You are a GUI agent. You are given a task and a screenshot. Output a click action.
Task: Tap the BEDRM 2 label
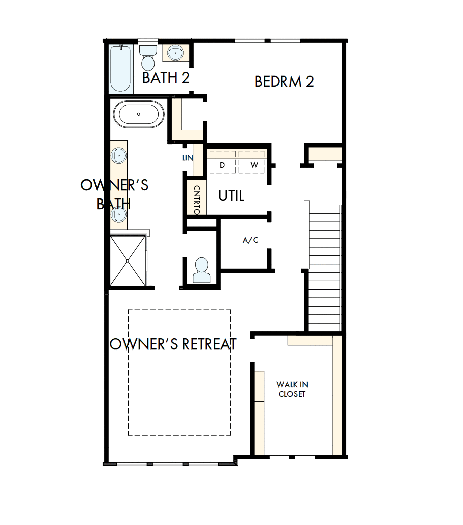tap(284, 82)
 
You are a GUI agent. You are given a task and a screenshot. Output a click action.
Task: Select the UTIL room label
tap(231, 196)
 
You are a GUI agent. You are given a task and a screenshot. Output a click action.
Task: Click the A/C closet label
tap(250, 240)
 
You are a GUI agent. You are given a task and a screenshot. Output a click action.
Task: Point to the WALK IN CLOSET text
tap(292, 389)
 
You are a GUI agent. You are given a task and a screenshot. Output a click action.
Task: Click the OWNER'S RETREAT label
tap(173, 344)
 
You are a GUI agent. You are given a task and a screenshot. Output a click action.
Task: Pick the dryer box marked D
tap(222, 164)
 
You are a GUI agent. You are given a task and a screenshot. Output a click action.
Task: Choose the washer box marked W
tap(254, 164)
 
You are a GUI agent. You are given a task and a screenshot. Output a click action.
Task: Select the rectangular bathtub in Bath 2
tap(121, 69)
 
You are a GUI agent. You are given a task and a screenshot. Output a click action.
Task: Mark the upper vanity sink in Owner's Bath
tap(119, 156)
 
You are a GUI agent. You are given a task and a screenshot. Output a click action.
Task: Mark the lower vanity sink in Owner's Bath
tap(119, 214)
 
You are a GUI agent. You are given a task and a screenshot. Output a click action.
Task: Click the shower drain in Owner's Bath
tap(128, 261)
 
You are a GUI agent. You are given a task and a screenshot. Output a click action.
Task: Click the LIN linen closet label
tap(188, 158)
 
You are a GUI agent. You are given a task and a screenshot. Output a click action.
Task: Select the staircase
tap(324, 266)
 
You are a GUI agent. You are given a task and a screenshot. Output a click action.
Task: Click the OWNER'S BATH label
tap(114, 194)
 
